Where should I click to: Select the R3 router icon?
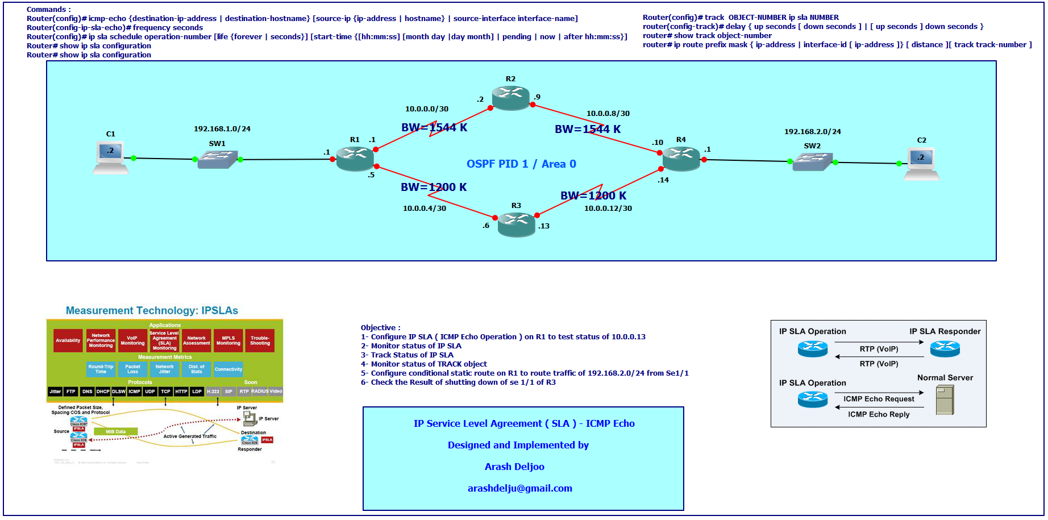pyautogui.click(x=516, y=224)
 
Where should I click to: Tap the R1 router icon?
pyautogui.click(x=355, y=158)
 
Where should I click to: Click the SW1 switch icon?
pyautogui.click(x=217, y=159)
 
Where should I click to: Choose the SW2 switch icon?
pyautogui.click(x=812, y=161)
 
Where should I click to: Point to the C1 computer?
pyautogui.click(x=110, y=157)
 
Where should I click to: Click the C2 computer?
pyautogui.click(x=921, y=164)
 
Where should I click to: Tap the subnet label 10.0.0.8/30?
pyautogui.click(x=608, y=114)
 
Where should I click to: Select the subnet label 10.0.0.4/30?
pyautogui.click(x=424, y=209)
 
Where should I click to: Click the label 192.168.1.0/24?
pyautogui.click(x=222, y=129)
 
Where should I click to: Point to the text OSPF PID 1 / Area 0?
pyautogui.click(x=521, y=164)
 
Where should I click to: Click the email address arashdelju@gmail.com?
pyautogui.click(x=519, y=488)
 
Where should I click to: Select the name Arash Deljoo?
pyautogui.click(x=514, y=467)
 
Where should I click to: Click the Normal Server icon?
pyautogui.click(x=945, y=400)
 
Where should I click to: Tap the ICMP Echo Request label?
pyautogui.click(x=879, y=399)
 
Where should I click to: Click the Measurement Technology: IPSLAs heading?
pyautogui.click(x=152, y=310)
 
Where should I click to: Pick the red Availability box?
pyautogui.click(x=68, y=340)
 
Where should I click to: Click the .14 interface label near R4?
pyautogui.click(x=663, y=180)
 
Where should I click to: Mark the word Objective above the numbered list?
pyautogui.click(x=378, y=328)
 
